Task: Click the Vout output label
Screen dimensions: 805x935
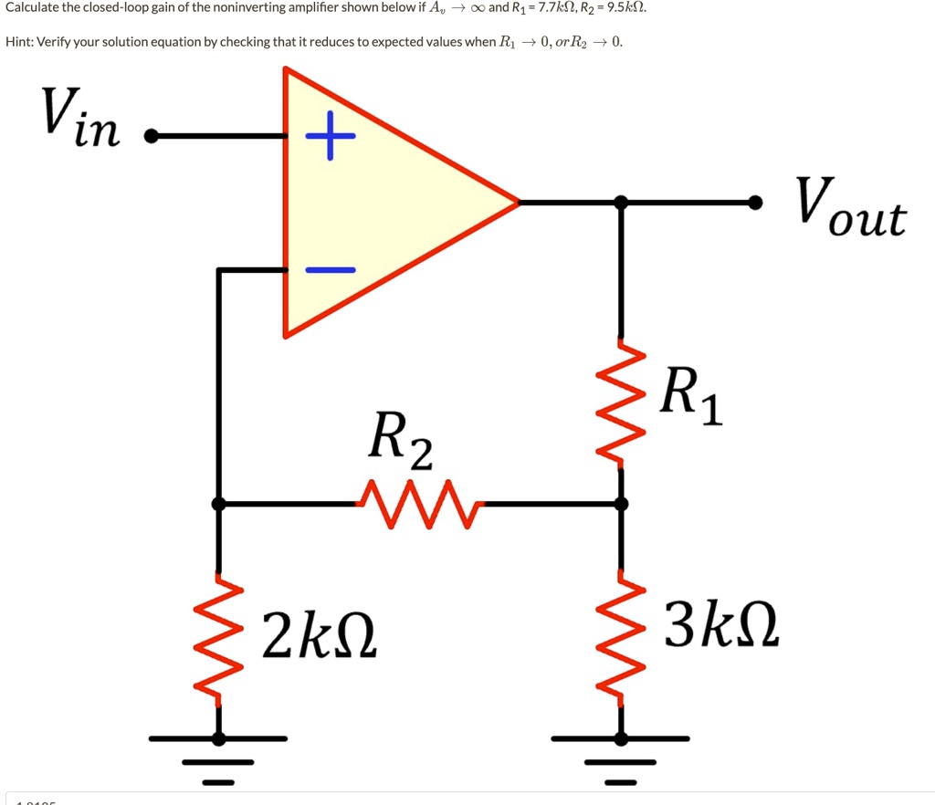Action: (x=850, y=209)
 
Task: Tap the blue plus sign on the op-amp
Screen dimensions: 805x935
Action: (x=330, y=137)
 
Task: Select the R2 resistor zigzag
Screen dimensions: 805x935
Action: (x=417, y=504)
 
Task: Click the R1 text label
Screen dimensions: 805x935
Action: (x=691, y=394)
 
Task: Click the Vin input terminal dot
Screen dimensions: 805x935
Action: (x=151, y=137)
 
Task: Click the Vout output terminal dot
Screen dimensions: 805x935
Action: (x=755, y=202)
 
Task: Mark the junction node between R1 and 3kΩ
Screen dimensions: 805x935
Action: (x=622, y=503)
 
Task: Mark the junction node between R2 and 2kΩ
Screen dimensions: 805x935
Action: (x=218, y=503)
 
